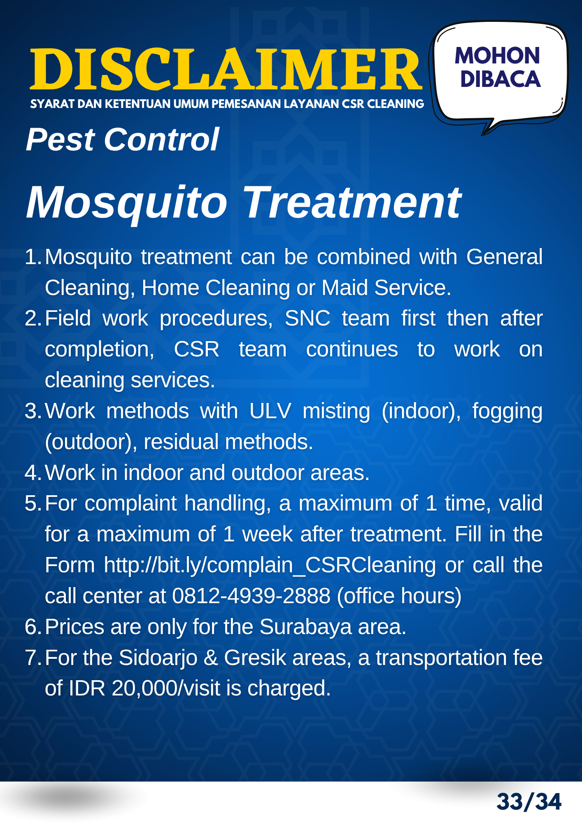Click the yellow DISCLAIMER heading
point(226,69)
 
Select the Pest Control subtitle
point(122,140)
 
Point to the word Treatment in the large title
point(353,202)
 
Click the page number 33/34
point(529,802)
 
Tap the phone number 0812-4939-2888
point(251,596)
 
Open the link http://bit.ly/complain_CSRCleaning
point(270,565)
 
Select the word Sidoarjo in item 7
point(158,658)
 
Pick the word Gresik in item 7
point(255,658)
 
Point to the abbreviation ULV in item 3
point(270,411)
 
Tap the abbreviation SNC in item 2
point(307,318)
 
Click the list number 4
point(31,473)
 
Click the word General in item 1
point(504,257)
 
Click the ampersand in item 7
point(211,658)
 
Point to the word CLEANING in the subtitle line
point(395,104)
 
